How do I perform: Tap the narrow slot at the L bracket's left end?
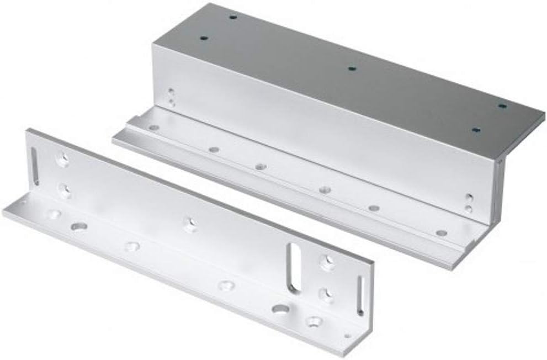pyautogui.click(x=34, y=166)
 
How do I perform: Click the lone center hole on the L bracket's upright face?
pyautogui.click(x=190, y=224)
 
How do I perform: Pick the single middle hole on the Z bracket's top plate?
pyautogui.click(x=352, y=69)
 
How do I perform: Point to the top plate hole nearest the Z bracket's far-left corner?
pyautogui.click(x=232, y=17)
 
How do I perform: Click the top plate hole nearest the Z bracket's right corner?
pyautogui.click(x=502, y=105)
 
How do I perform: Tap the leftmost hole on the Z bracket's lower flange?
pyautogui.click(x=154, y=128)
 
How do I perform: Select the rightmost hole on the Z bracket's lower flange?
pyautogui.click(x=441, y=233)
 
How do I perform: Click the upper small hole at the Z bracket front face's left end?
pyautogui.click(x=171, y=92)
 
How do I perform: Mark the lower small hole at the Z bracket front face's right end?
pyautogui.click(x=468, y=209)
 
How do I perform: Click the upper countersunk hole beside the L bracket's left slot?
pyautogui.click(x=63, y=160)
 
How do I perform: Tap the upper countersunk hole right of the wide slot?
pyautogui.click(x=327, y=263)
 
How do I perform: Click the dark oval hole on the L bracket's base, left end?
pyautogui.click(x=79, y=226)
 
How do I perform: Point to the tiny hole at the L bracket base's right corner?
pyautogui.click(x=347, y=335)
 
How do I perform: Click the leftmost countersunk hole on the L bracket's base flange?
pyautogui.click(x=54, y=213)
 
